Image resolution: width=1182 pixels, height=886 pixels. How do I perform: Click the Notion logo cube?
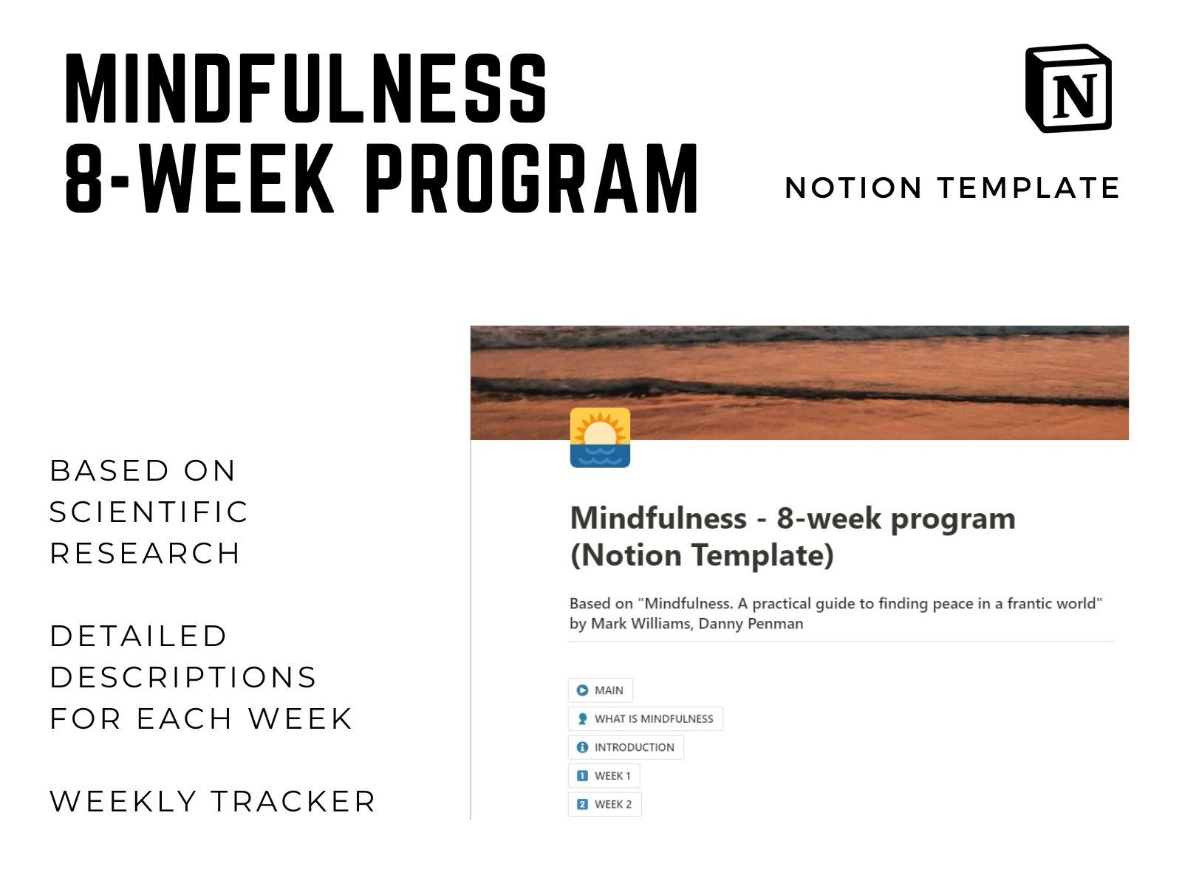point(1068,88)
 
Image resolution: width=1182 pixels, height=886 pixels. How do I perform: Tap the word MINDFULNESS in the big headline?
point(305,88)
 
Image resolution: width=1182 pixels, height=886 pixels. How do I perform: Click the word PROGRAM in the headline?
point(531,178)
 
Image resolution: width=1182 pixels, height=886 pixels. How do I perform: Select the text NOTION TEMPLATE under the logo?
point(952,188)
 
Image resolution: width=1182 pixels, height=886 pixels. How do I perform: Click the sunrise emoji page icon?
point(600,437)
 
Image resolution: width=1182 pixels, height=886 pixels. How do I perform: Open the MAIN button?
point(601,690)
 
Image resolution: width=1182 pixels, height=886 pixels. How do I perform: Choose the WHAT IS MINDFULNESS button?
point(645,718)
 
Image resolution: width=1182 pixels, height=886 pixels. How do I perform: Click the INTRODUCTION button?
point(626,747)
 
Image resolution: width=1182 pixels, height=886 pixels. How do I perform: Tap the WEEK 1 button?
point(604,776)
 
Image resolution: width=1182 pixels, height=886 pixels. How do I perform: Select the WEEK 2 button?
point(605,804)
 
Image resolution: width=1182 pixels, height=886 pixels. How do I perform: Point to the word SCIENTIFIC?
point(148,512)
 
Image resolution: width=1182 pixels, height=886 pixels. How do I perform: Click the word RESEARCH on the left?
point(145,553)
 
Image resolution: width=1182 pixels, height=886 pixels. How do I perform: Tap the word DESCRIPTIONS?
point(183,677)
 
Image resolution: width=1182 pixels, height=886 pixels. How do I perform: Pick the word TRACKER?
point(293,801)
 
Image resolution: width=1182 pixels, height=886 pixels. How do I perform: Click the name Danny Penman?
point(751,623)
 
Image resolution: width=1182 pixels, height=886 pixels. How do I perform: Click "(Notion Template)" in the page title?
point(703,555)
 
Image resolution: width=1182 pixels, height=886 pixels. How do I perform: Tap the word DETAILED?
point(138,636)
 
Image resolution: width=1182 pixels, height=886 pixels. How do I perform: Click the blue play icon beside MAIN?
point(582,690)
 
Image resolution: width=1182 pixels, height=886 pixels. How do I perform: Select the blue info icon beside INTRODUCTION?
point(582,747)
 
